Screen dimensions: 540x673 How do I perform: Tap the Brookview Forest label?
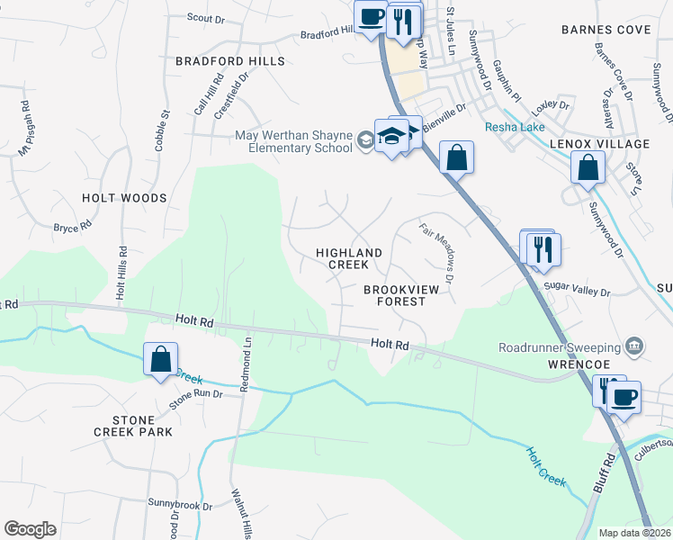click(x=394, y=296)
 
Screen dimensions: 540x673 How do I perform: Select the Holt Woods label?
click(x=124, y=198)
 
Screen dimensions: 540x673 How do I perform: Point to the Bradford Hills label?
click(x=229, y=61)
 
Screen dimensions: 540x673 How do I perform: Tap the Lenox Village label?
click(x=606, y=144)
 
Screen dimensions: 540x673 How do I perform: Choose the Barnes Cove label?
click(x=606, y=30)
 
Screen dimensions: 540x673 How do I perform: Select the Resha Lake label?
click(x=515, y=128)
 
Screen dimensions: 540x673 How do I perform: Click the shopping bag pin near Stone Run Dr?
click(x=160, y=359)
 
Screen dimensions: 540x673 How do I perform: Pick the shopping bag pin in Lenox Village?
click(x=588, y=167)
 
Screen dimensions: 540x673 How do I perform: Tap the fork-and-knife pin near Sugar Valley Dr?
click(x=543, y=247)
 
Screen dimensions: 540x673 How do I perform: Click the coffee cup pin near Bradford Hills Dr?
click(x=371, y=16)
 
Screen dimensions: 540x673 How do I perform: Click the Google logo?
click(x=31, y=529)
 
